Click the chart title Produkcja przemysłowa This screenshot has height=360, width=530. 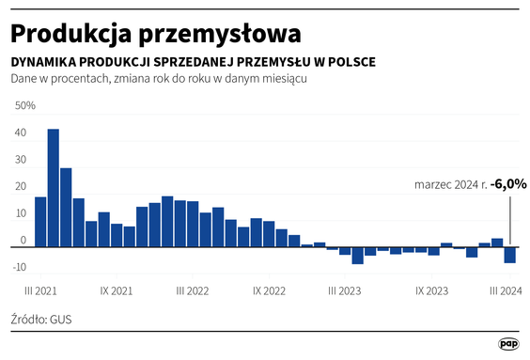pos(155,33)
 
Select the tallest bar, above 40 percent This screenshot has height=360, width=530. pos(54,186)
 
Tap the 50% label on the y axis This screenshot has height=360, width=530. pos(24,105)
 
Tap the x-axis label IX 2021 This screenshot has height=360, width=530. pos(117,291)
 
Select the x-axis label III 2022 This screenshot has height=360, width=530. pos(193,291)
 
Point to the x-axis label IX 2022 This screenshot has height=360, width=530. pos(269,291)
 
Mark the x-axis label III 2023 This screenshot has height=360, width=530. pos(345,291)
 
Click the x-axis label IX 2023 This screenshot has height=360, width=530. pos(431,291)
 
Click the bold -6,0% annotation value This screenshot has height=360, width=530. pos(508,184)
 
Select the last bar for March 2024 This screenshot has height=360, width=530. pos(509,255)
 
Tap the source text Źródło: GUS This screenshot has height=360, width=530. pos(41,320)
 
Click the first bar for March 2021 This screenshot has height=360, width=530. pos(40,221)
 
